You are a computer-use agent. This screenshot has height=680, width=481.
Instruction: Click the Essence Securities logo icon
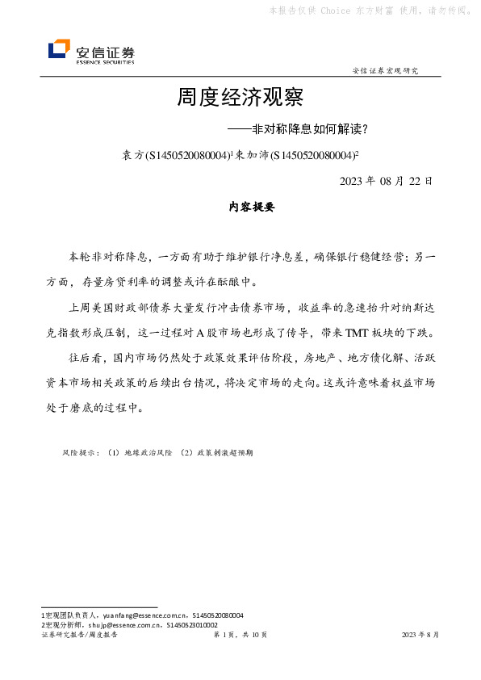[59, 50]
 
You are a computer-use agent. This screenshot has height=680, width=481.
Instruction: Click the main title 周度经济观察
[240, 99]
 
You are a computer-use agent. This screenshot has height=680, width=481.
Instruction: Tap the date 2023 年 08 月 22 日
[387, 180]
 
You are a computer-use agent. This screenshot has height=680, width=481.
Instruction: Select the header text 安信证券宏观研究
[386, 71]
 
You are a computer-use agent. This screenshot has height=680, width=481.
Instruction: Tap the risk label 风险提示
[80, 453]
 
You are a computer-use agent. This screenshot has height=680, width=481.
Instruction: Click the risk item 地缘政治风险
[146, 453]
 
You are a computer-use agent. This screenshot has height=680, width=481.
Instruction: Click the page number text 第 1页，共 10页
[240, 636]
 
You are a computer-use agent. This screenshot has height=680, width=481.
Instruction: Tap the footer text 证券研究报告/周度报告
[79, 636]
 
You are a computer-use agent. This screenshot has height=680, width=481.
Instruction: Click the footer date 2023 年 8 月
[420, 636]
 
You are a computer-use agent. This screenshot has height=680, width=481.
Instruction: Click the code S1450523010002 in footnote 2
[191, 624]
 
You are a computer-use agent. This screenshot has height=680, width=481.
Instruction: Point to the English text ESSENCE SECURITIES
[105, 61]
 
